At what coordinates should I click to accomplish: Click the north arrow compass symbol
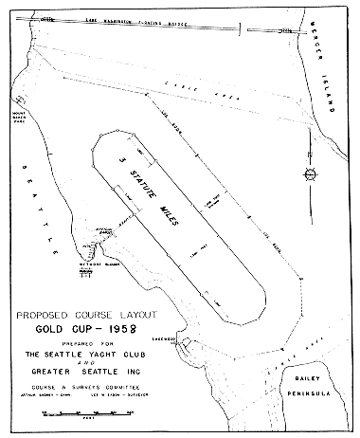[x=310, y=172]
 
